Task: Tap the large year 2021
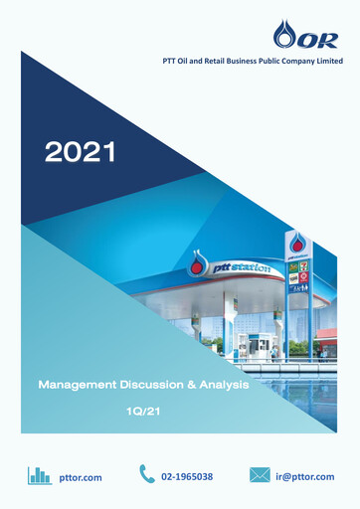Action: (x=80, y=152)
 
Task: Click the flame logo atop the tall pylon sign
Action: (x=298, y=245)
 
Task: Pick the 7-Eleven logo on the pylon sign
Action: (x=304, y=267)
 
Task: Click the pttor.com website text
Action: (x=82, y=477)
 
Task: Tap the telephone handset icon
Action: (x=147, y=475)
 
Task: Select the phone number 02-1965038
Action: (x=187, y=477)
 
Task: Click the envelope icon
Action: (x=261, y=476)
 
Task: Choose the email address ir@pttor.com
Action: (x=305, y=477)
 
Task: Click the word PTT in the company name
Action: (x=172, y=62)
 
